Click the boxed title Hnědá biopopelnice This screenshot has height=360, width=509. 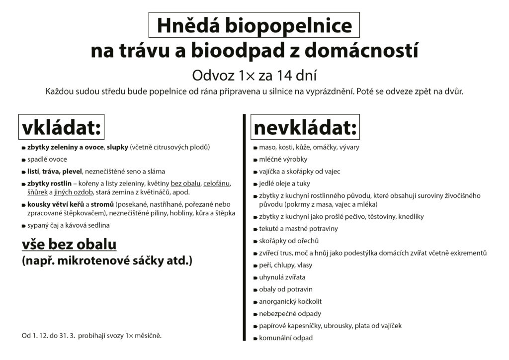pyautogui.click(x=254, y=26)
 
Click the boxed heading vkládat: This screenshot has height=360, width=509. pyautogui.click(x=61, y=128)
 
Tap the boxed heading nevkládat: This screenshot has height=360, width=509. pyautogui.click(x=305, y=128)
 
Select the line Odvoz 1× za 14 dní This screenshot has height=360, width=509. pyautogui.click(x=254, y=76)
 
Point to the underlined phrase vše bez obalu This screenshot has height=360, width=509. pyautogui.click(x=69, y=245)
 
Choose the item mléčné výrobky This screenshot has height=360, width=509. pyautogui.click(x=283, y=160)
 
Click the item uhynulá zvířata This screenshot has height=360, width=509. pyautogui.click(x=282, y=277)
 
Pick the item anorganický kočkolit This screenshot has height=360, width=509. pyautogui.click(x=290, y=302)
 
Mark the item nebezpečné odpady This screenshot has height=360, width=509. pyautogui.click(x=290, y=314)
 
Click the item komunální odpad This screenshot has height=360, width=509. pyautogui.click(x=286, y=338)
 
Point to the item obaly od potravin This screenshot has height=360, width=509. pyautogui.click(x=286, y=289)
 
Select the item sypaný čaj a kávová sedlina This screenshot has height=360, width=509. pyautogui.click(x=69, y=226)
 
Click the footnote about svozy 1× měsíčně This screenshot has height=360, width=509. pyautogui.click(x=92, y=336)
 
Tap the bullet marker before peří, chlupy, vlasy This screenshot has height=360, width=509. pyautogui.click(x=254, y=266)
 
